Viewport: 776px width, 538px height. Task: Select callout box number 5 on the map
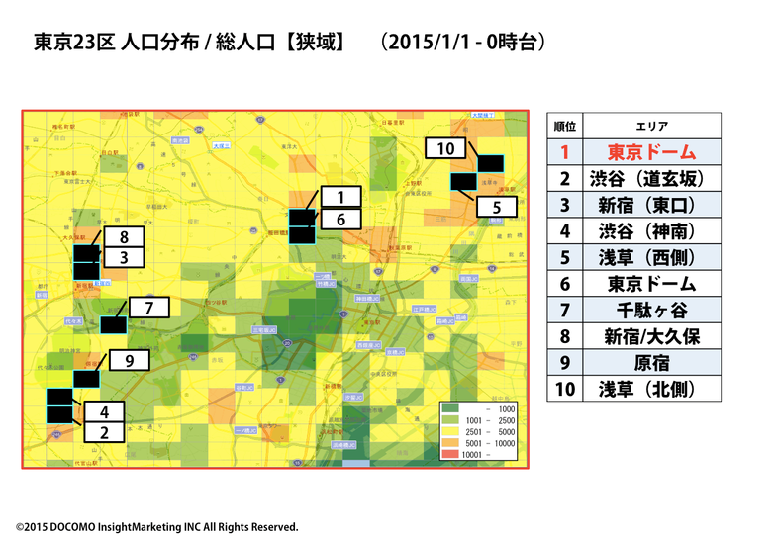[x=498, y=207]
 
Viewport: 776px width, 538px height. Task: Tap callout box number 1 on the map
[x=340, y=197]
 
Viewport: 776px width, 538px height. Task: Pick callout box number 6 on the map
[x=340, y=221]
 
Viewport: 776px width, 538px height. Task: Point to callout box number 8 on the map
[x=125, y=237]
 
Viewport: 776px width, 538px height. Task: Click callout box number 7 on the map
[x=148, y=308]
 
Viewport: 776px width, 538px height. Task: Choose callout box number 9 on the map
[x=130, y=362]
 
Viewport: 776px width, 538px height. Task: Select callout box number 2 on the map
[x=104, y=432]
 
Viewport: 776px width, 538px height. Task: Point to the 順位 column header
[x=565, y=127]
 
